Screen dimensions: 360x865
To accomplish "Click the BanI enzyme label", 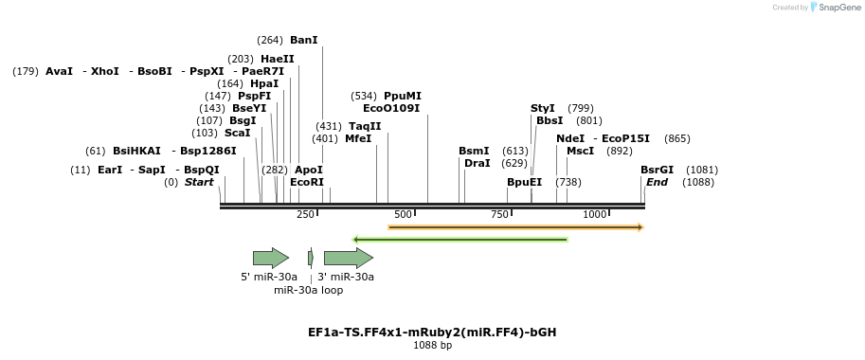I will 304,40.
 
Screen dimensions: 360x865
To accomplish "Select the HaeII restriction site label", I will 278,59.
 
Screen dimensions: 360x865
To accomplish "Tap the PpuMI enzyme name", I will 403,96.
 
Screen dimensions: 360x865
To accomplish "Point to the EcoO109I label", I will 391,108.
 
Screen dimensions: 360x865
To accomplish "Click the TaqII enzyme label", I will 365,126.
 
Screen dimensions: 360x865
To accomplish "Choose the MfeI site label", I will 358,138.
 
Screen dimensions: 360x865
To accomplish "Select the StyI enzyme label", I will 543,108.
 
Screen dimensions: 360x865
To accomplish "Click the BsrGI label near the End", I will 657,170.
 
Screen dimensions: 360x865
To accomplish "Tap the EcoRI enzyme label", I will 307,182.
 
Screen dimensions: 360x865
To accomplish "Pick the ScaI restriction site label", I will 238,133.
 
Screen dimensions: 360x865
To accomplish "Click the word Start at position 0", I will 199,182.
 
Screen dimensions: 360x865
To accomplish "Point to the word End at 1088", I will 657,182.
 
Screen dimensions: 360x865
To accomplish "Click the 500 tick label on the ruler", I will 403,215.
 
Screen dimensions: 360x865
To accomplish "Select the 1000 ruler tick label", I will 595,215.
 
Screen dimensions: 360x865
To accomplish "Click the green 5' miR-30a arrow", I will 270,258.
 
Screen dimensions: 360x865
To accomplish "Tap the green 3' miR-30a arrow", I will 348,258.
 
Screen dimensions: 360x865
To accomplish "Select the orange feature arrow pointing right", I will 515,227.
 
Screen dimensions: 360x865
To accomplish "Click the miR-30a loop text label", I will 309,290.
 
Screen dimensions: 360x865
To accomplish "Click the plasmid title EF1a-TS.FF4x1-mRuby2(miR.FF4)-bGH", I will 432,333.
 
